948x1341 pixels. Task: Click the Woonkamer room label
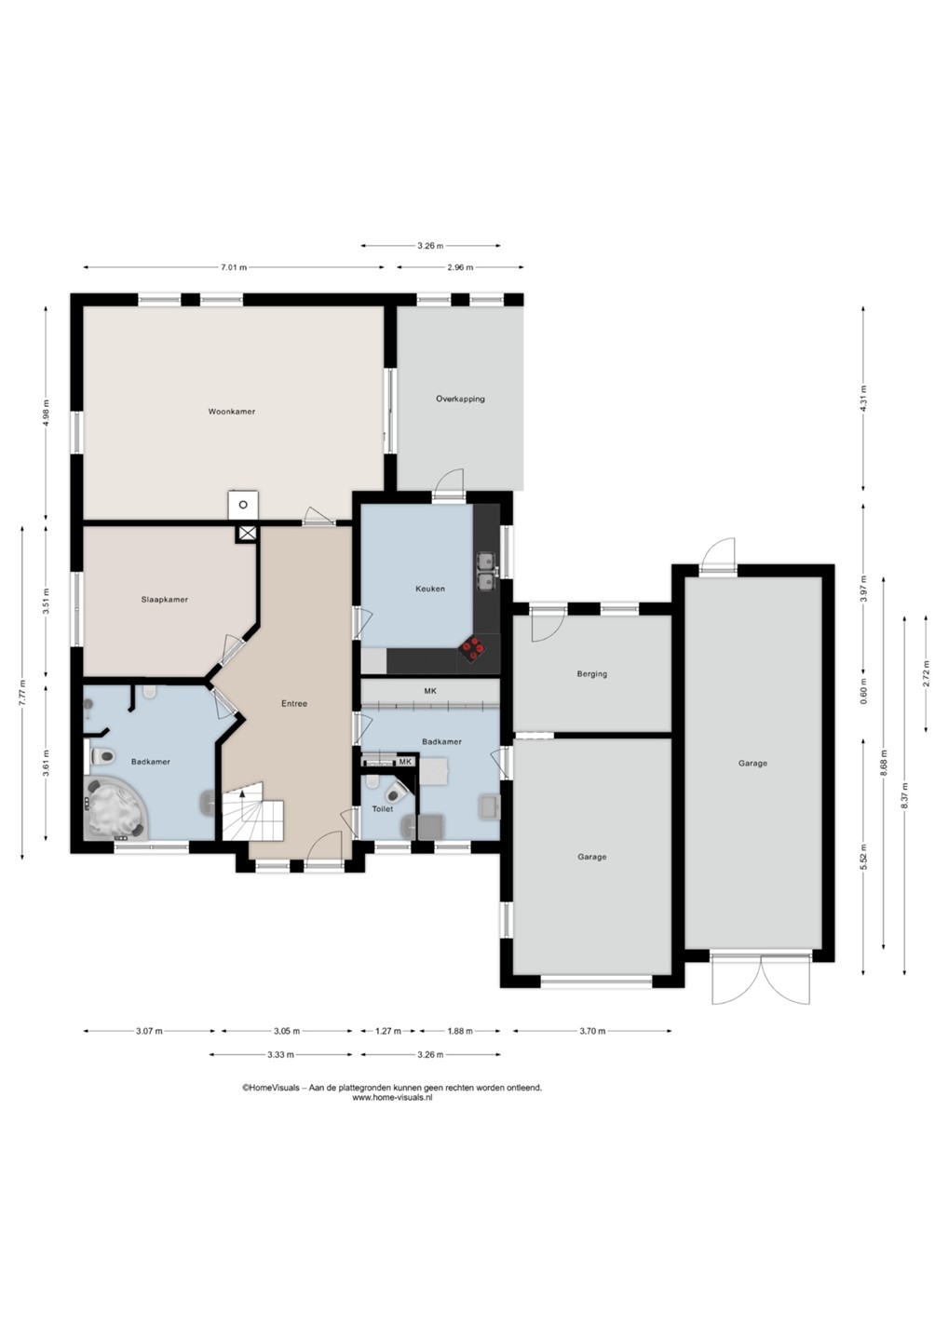click(x=232, y=412)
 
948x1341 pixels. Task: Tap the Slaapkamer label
click(x=165, y=600)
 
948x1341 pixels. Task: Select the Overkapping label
click(x=460, y=399)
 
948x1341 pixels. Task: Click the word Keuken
click(x=430, y=589)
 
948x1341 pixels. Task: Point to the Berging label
click(x=592, y=673)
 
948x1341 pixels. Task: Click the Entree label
click(x=294, y=703)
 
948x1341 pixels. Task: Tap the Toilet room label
click(x=383, y=808)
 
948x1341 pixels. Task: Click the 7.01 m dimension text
click(x=234, y=267)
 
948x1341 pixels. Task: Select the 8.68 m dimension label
click(x=884, y=763)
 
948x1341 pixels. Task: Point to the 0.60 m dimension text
click(x=863, y=690)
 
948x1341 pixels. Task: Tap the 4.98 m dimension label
click(x=46, y=412)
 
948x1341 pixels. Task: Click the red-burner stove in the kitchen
click(x=474, y=649)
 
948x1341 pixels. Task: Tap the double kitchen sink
click(x=485, y=571)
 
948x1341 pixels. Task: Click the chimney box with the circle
click(x=243, y=505)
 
